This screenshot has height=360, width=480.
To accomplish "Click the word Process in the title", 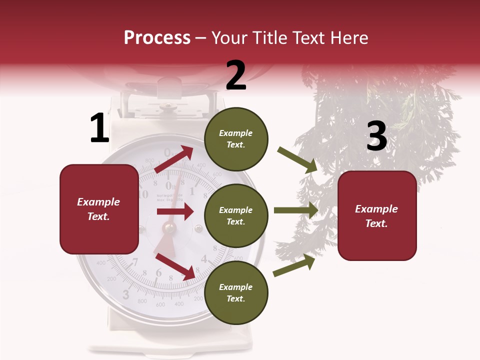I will click(157, 38).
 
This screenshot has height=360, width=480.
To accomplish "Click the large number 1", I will click(99, 128).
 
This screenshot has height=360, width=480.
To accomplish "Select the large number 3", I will click(376, 136).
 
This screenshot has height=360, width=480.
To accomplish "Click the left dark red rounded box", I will click(99, 209).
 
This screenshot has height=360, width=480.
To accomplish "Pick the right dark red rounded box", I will click(377, 216).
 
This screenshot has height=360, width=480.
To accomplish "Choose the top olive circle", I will click(236, 139).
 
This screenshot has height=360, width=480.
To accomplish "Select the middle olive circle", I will click(236, 215).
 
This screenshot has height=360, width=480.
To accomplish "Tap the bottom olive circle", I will click(236, 292).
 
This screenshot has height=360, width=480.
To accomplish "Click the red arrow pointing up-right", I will click(174, 159).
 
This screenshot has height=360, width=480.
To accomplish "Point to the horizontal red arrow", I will click(175, 212).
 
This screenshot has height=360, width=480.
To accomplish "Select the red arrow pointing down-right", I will click(175, 266).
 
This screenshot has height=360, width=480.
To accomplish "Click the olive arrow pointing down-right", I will click(298, 160).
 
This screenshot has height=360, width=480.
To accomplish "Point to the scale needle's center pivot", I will click(169, 228).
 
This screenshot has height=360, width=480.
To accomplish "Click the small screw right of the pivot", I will click(198, 228).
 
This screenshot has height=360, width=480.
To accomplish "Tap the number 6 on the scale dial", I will click(159, 272).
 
